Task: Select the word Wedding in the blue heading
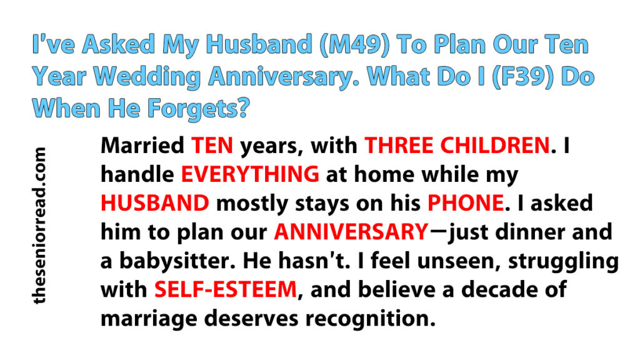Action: coord(146,77)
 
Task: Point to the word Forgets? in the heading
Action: coord(198,109)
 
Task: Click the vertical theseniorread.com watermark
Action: coord(39,226)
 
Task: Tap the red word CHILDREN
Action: coord(492,145)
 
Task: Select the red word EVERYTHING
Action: coord(250,174)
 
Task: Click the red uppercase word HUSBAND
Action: coord(155,203)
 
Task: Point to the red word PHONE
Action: coord(465,203)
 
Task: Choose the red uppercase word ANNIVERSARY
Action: coord(351,232)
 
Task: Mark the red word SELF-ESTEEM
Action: coord(226,289)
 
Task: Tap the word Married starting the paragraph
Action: coord(142,145)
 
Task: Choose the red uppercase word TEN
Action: coord(212,145)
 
